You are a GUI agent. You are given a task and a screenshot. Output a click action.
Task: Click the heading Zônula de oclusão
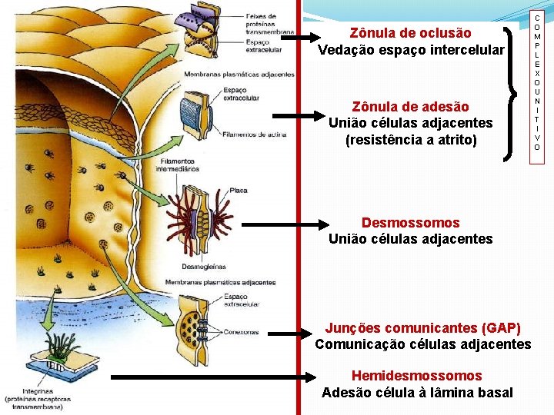point(410,33)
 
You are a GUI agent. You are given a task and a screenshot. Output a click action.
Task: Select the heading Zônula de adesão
point(410,106)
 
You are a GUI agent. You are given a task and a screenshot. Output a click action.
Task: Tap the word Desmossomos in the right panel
point(410,223)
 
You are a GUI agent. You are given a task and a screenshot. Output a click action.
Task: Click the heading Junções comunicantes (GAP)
point(422,327)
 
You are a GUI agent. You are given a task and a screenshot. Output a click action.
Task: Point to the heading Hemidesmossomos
point(416,376)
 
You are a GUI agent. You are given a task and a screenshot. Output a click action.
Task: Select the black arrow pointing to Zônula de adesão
point(300,115)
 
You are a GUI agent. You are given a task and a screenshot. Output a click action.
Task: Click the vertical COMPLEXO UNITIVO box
point(536,82)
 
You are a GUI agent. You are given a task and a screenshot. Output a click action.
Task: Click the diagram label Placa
point(239,190)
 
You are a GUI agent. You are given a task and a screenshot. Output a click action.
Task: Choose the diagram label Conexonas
point(242,333)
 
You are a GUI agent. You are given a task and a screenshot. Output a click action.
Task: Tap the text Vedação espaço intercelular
point(411,50)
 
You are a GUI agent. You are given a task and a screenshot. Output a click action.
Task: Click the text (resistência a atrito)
point(411,140)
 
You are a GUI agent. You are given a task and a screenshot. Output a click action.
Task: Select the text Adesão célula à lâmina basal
point(417,393)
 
